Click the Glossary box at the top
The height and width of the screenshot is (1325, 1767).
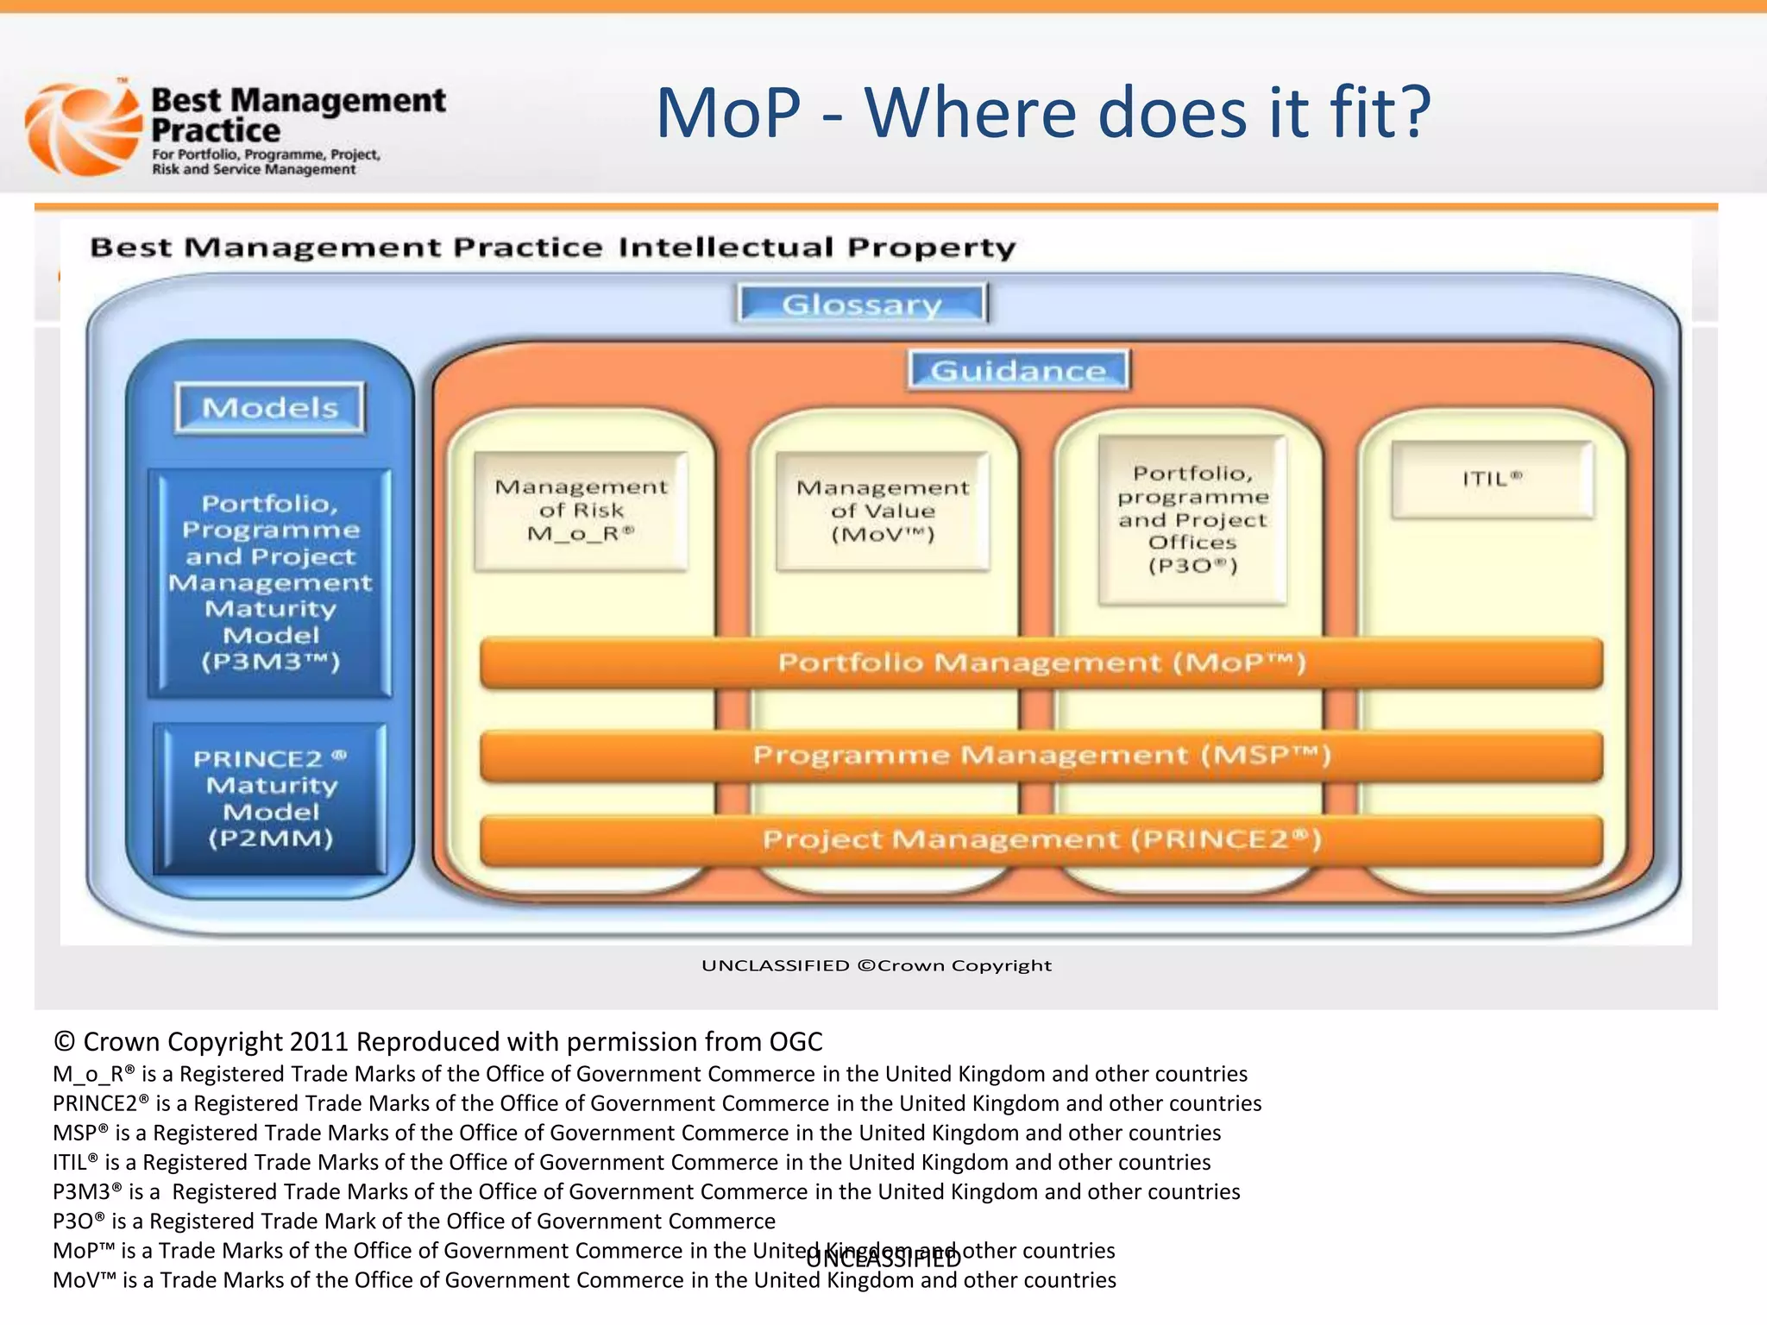pos(862,304)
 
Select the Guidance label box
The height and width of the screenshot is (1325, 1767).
pos(1018,370)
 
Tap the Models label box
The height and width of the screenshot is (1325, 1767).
pos(270,407)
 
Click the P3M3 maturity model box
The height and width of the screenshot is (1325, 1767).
pos(270,582)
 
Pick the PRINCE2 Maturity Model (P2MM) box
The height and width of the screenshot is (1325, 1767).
pos(270,798)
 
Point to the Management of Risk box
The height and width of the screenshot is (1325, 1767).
pos(581,511)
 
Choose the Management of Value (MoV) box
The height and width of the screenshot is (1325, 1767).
pos(883,511)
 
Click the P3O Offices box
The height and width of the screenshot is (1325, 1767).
pos(1192,519)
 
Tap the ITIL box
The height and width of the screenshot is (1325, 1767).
pos(1492,480)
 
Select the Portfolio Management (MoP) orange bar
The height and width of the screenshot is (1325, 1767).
pos(1041,662)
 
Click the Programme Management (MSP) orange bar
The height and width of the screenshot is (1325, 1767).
pos(1041,756)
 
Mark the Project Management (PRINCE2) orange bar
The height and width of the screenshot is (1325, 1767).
pos(1041,839)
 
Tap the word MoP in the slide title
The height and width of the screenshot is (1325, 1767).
pos(729,113)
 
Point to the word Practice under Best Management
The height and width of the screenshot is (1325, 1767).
pos(216,131)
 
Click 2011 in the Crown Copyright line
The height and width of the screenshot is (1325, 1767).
pos(319,1042)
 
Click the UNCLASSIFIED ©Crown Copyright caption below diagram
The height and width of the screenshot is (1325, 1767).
pos(877,965)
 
